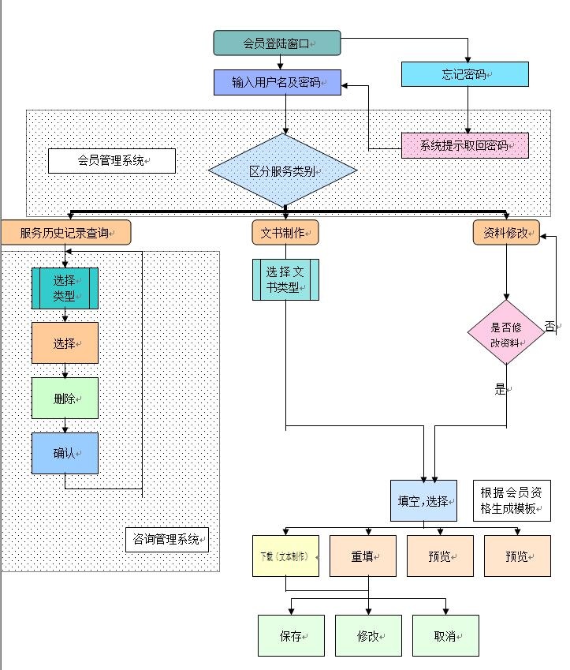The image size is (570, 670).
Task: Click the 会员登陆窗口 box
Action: (x=277, y=43)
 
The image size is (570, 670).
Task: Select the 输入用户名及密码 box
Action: (x=277, y=82)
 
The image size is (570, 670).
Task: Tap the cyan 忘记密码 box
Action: (x=464, y=74)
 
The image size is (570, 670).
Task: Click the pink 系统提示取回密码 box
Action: (x=464, y=145)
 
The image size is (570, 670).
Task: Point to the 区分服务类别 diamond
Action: (x=282, y=170)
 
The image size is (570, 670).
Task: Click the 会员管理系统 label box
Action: (x=111, y=161)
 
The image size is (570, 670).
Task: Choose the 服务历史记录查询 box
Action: (x=65, y=233)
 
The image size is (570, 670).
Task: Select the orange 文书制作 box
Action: (x=285, y=233)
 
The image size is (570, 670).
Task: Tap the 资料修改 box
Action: (x=506, y=233)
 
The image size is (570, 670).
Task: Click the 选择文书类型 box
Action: (x=285, y=279)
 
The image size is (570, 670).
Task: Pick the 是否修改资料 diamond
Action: (x=505, y=332)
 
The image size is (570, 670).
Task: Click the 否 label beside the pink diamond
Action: (x=550, y=326)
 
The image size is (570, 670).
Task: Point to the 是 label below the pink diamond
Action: (x=500, y=389)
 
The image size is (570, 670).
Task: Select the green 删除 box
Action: (x=65, y=399)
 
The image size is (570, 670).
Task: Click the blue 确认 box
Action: (x=65, y=453)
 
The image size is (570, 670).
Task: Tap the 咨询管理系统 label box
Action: (x=166, y=540)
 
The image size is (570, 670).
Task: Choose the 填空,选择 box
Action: (x=423, y=500)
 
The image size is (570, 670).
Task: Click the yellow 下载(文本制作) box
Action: (x=285, y=556)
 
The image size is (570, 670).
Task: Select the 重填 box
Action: (x=363, y=556)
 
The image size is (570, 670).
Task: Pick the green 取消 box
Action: (x=445, y=636)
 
